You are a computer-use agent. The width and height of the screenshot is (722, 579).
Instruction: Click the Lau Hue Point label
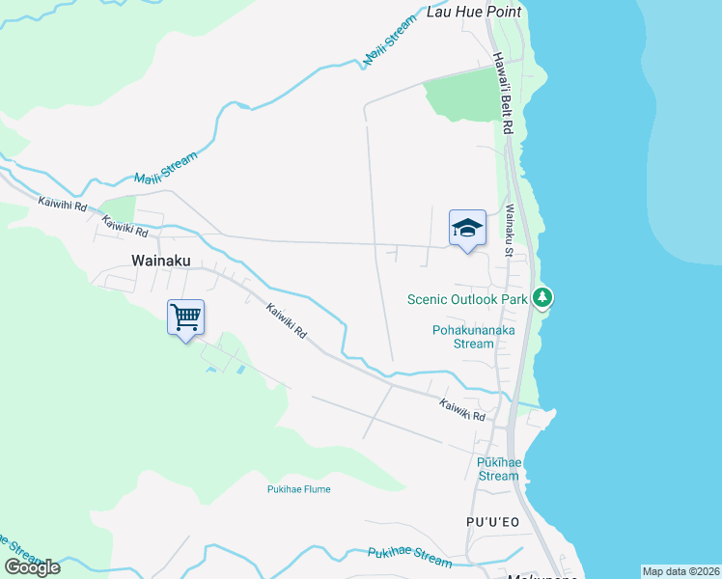point(474,12)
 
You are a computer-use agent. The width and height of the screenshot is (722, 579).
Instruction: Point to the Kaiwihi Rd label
point(63,205)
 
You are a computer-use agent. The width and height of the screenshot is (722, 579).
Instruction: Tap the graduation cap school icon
point(467,229)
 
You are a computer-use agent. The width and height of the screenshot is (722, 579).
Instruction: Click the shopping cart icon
point(185,317)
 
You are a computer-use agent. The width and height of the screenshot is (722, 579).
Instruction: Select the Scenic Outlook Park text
point(467,299)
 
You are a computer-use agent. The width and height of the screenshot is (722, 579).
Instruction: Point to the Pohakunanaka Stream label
point(473,337)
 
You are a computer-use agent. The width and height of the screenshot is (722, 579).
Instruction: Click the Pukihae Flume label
point(298,489)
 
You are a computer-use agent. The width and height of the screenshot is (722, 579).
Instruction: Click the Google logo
point(32,567)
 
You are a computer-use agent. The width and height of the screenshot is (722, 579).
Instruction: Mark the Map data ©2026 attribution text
point(680,571)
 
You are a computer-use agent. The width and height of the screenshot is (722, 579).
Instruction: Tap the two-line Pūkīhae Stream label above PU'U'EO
point(499,469)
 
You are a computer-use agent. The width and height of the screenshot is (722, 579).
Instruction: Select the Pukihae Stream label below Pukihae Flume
point(409,557)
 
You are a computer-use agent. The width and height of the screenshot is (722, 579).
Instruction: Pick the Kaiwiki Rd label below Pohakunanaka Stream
point(462,410)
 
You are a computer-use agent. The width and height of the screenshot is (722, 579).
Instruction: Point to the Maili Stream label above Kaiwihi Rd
point(165,166)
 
